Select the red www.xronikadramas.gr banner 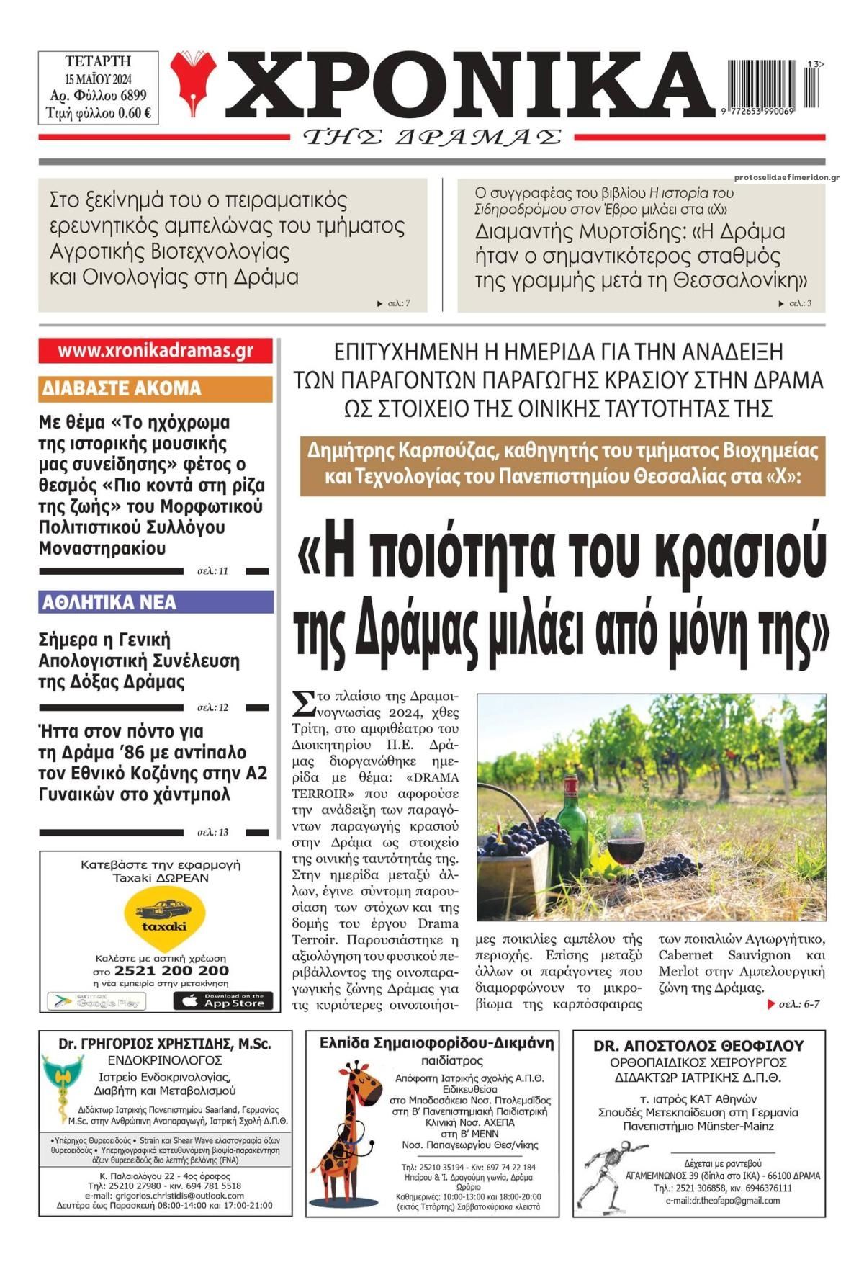(156, 351)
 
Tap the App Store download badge (223, 1001)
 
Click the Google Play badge (96, 1001)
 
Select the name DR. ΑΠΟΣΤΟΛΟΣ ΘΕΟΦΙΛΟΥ (698, 1046)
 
